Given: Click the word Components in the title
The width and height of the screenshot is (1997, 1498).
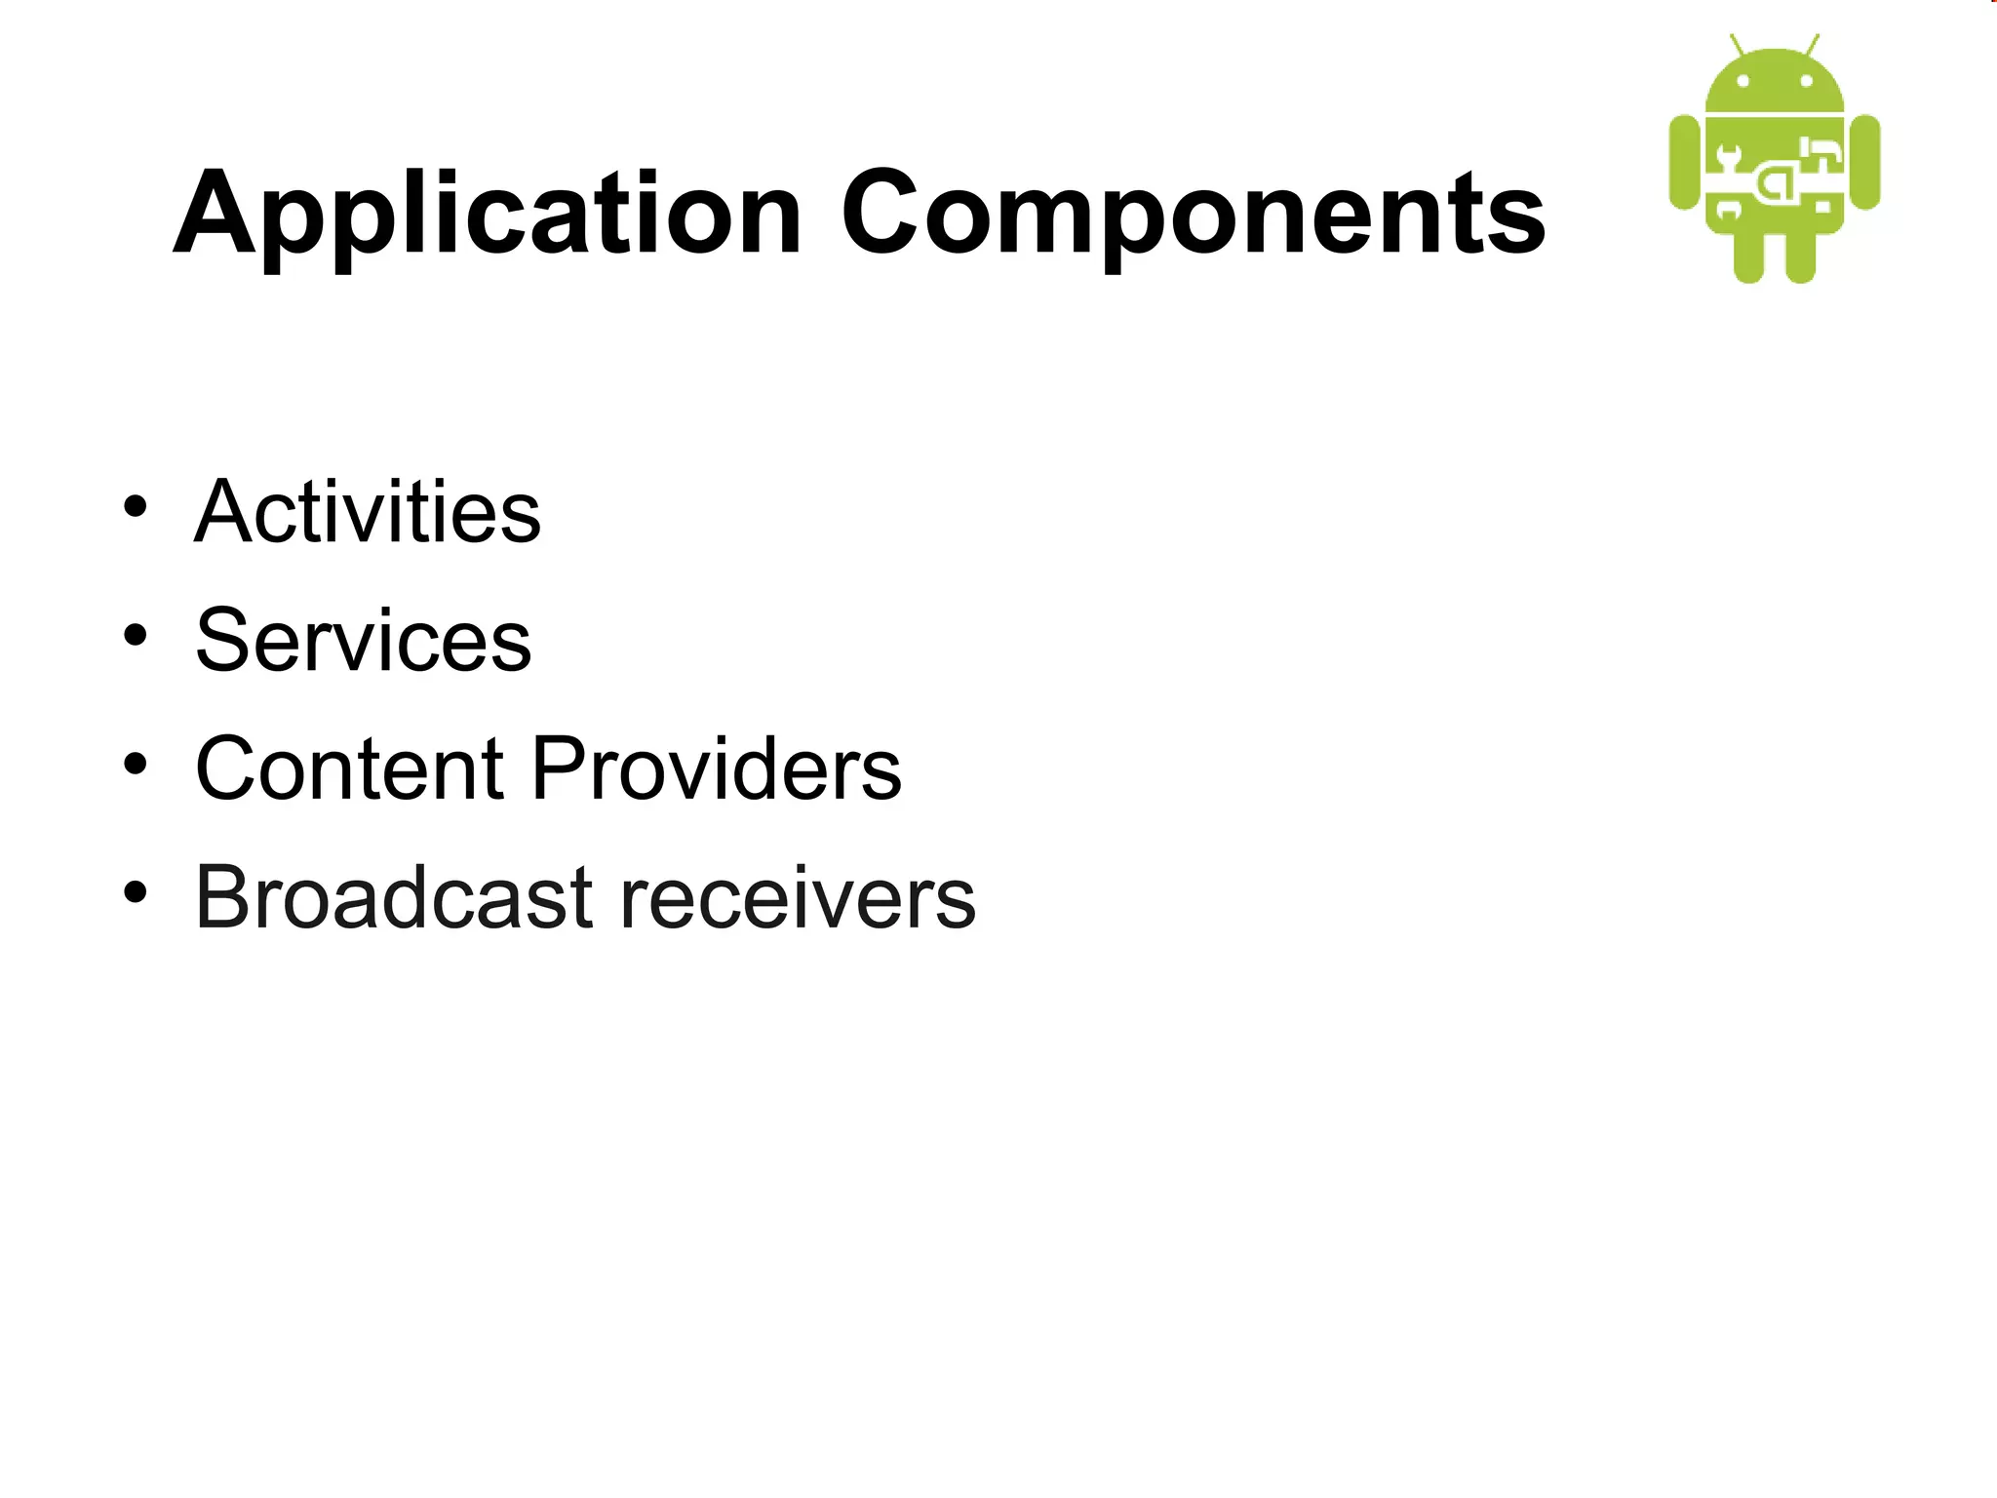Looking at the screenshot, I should (x=1193, y=215).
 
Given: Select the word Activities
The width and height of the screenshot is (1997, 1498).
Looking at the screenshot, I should (x=368, y=512).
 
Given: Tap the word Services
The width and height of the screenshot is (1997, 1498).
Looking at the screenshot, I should (x=363, y=641).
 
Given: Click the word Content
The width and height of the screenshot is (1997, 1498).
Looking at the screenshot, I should (x=349, y=769).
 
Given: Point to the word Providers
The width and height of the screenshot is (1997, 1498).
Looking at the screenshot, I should (x=717, y=769).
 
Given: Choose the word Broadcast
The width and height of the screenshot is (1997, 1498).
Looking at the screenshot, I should (x=394, y=897).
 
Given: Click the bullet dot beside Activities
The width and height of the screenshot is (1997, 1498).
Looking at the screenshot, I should (x=136, y=506).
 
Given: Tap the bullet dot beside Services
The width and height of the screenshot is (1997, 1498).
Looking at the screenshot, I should (x=136, y=635).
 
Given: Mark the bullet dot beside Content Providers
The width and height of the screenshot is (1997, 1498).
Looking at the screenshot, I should (x=136, y=764).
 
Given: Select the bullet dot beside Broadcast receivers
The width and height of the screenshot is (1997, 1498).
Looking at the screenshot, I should (x=136, y=891).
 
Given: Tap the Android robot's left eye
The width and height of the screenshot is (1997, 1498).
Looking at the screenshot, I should (x=1742, y=81).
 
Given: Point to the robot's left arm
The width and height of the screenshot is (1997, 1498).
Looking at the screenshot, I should (x=1685, y=162).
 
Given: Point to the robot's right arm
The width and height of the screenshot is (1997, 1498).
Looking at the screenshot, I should (x=1864, y=162).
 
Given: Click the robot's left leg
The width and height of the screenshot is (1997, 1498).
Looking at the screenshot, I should (x=1748, y=257).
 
